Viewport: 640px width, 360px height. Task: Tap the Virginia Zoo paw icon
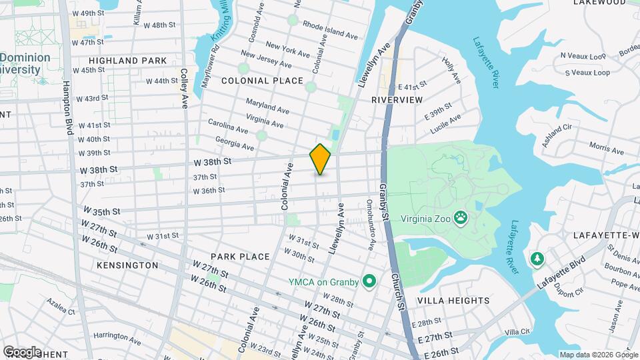[460, 217]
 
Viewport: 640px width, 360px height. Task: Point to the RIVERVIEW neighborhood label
[397, 99]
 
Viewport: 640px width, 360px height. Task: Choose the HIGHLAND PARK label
[127, 61]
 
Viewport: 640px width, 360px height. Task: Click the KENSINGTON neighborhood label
[127, 265]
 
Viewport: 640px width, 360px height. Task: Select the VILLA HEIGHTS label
[453, 301]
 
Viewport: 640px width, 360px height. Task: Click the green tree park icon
[536, 258]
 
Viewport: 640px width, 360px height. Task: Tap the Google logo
[21, 351]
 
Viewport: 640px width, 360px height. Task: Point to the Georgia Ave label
[235, 143]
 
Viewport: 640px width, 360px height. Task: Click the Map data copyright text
[598, 355]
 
